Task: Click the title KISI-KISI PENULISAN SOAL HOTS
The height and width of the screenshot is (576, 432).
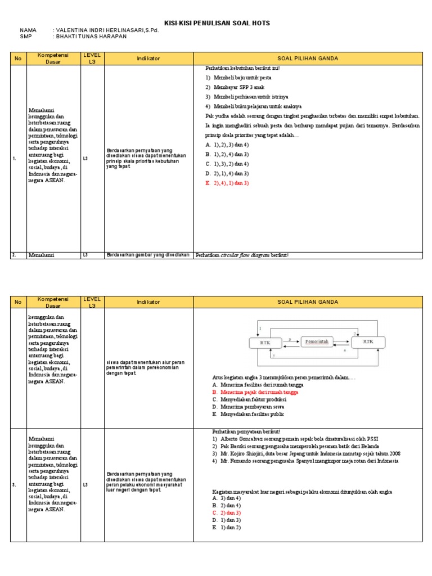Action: point(217,23)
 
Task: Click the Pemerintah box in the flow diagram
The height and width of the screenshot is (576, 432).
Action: point(318,341)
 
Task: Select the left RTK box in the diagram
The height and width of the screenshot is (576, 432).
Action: point(265,342)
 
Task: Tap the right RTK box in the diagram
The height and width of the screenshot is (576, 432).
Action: point(368,341)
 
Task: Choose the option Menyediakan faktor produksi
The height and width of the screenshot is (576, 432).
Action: point(248,399)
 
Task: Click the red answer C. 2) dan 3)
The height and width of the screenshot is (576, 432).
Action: point(227,513)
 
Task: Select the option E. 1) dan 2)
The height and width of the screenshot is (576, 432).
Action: point(227,528)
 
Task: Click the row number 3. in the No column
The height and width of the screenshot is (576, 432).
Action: point(14,484)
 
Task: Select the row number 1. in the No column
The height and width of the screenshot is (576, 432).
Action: point(14,159)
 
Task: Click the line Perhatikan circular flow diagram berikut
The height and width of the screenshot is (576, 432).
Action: point(242,255)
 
